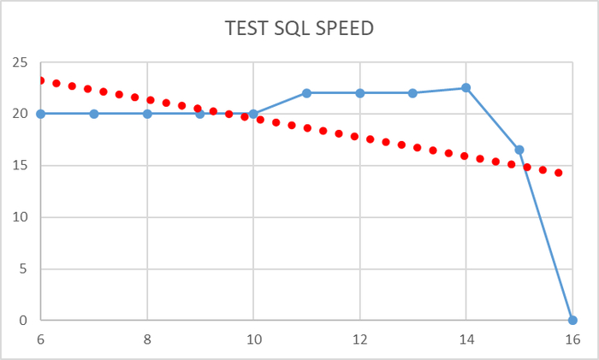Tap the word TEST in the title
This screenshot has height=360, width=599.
[x=245, y=28]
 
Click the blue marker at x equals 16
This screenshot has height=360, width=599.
[x=572, y=321]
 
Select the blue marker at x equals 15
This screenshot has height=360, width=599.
[x=519, y=150]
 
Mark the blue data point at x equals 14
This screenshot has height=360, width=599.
[x=466, y=87]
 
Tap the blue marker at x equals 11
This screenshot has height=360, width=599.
[x=306, y=92]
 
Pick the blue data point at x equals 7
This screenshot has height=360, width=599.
[x=94, y=114]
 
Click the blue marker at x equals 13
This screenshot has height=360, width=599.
[x=412, y=92]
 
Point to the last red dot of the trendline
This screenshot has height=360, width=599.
[x=559, y=173]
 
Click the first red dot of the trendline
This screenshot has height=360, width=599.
[x=40, y=80]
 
